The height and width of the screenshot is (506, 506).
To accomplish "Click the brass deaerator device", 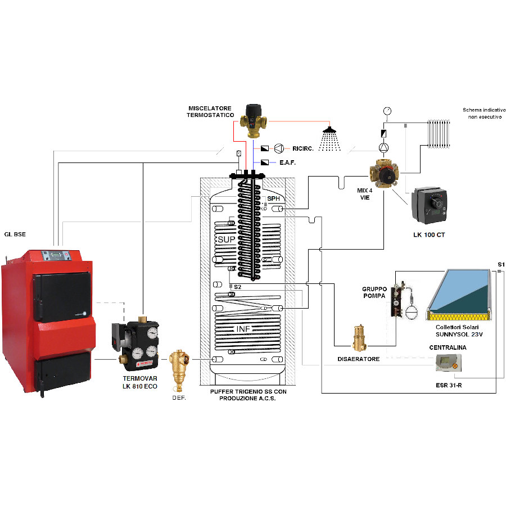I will click(359, 337).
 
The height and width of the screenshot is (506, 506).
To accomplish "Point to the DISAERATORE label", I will click(359, 359).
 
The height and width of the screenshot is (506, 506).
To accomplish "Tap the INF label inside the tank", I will click(242, 328).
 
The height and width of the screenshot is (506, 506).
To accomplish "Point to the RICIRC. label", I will click(302, 149).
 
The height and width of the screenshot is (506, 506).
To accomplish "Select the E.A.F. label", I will click(287, 162).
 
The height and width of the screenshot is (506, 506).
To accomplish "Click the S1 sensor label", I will click(500, 264).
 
